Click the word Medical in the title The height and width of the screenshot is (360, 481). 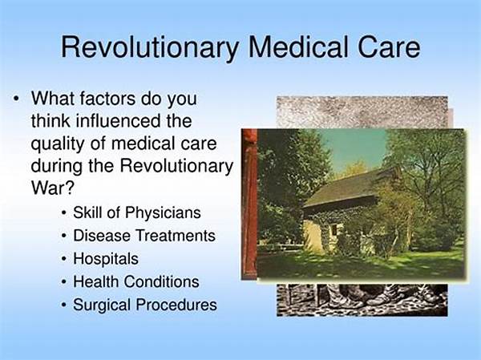coord(298,47)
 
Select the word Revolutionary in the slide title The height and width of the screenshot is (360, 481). coord(150,49)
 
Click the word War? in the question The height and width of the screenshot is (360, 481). coord(52,187)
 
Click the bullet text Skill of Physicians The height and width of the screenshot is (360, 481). coord(137,213)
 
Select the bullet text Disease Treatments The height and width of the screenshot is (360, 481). coord(144,236)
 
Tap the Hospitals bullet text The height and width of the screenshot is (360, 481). coord(106,259)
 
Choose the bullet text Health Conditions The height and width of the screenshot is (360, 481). coord(136,281)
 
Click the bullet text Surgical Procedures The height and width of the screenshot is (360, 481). coord(145,305)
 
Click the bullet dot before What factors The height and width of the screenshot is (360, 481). coord(16,99)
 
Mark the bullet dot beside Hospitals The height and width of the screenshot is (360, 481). coord(63,259)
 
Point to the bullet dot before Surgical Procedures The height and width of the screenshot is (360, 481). coord(63,305)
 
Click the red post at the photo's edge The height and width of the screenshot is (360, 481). coord(249,204)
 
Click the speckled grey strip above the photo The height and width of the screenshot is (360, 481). coord(362,112)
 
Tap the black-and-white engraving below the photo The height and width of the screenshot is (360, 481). coord(362,300)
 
